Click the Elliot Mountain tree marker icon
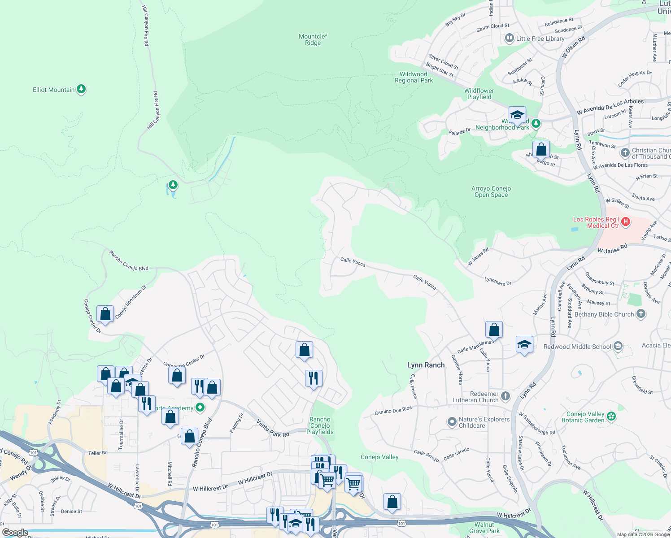click(81, 89)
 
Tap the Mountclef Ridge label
click(313, 39)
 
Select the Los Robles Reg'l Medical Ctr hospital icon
click(626, 222)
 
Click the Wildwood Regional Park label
click(414, 78)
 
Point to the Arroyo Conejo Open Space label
click(491, 191)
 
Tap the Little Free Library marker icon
click(509, 39)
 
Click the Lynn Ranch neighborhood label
click(426, 365)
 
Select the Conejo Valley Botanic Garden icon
click(611, 417)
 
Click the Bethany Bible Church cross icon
click(641, 314)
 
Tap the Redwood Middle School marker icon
click(618, 346)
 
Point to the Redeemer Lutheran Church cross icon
click(505, 396)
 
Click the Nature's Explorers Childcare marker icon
click(452, 422)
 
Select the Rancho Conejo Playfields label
click(320, 425)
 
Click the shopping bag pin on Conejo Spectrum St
click(105, 314)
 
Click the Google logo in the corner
click(15, 533)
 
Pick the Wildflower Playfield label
click(479, 94)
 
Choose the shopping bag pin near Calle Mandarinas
click(494, 330)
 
